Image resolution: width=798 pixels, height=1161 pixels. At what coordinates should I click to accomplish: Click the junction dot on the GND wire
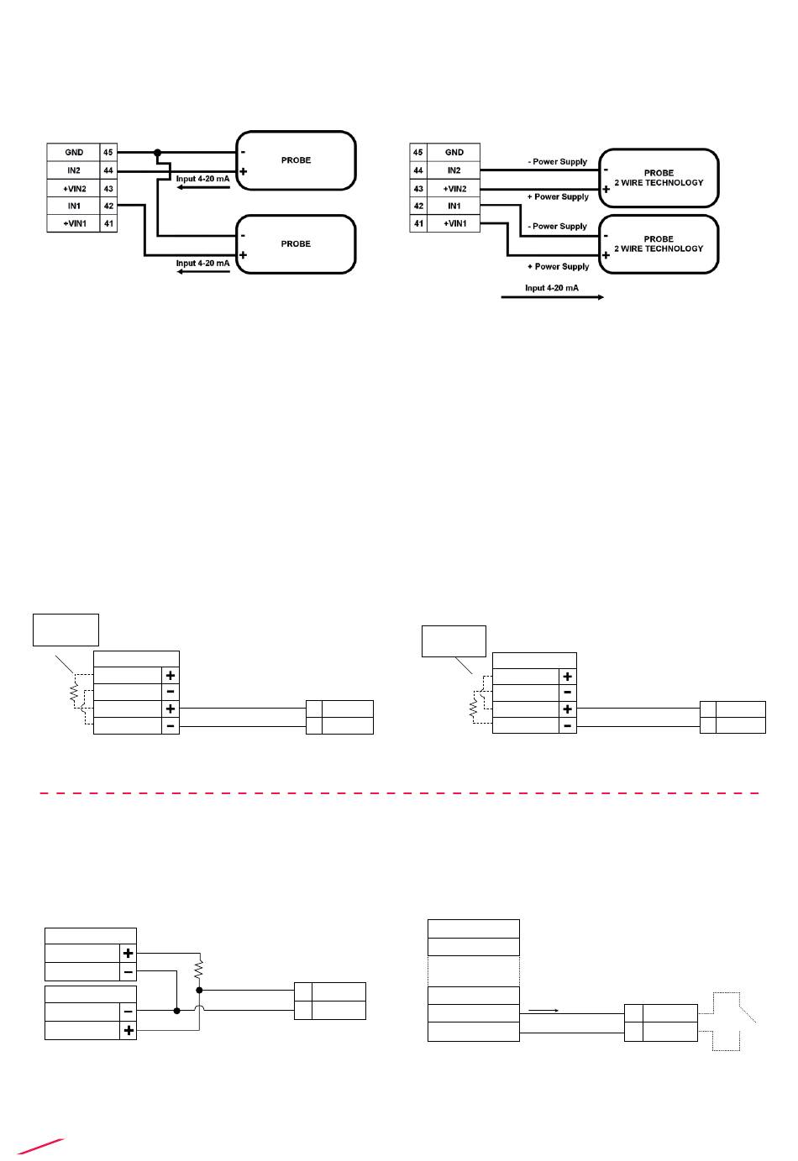[x=158, y=153]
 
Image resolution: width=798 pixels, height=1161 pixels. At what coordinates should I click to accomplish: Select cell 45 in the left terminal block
[x=108, y=153]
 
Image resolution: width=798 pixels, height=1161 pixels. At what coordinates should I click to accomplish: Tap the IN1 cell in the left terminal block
[x=74, y=206]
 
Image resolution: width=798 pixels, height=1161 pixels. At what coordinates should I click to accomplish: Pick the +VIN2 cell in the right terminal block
[x=454, y=189]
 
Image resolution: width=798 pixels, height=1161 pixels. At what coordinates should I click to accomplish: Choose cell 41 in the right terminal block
[x=418, y=223]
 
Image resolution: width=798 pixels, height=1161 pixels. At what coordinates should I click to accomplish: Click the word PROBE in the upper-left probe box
[x=296, y=160]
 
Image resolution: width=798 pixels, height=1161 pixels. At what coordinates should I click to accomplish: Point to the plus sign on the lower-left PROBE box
[x=243, y=255]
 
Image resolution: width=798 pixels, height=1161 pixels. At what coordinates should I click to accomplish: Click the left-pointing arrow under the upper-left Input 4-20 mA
[x=203, y=187]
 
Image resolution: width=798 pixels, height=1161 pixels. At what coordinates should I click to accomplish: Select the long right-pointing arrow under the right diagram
[x=552, y=297]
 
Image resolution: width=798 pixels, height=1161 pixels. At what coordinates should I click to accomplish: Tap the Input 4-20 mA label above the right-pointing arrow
[x=552, y=288]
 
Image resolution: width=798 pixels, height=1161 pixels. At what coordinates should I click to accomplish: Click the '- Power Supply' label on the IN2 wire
[x=558, y=162]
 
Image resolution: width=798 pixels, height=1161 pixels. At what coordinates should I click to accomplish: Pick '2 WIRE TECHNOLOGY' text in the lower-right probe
[x=659, y=248]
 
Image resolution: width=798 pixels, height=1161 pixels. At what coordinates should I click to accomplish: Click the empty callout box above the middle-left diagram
[x=66, y=630]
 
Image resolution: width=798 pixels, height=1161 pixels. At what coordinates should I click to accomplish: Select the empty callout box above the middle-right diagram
[x=454, y=641]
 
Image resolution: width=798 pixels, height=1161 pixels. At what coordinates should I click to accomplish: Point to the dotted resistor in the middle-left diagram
[x=74, y=693]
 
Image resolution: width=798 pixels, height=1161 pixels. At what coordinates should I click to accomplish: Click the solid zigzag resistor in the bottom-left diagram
[x=199, y=969]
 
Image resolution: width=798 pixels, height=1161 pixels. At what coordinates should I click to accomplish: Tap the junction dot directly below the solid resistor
[x=199, y=990]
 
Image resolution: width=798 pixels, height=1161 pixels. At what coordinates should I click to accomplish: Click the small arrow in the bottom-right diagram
[x=543, y=1010]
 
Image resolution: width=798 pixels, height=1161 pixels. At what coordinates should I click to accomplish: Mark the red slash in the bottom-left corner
[x=40, y=1147]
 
